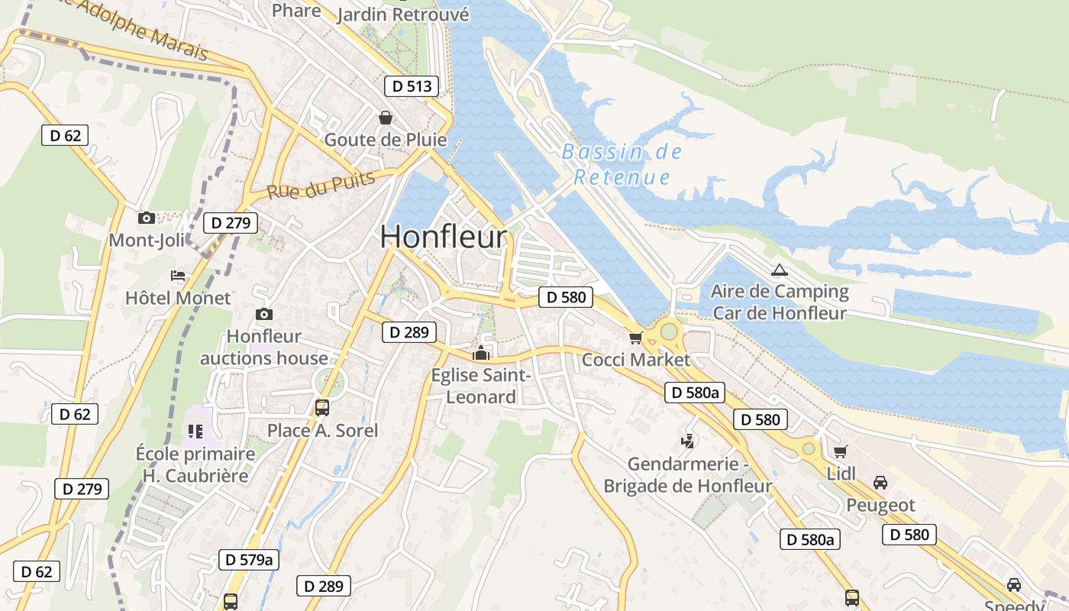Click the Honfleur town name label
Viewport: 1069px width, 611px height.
443,237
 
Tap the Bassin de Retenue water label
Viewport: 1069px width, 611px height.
622,164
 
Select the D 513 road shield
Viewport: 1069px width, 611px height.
412,86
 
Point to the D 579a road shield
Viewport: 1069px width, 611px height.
249,559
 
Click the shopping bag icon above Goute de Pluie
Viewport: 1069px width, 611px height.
386,118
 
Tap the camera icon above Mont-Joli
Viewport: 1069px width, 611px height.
147,218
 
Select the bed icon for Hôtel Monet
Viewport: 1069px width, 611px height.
178,276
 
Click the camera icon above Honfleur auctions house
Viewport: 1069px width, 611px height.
264,314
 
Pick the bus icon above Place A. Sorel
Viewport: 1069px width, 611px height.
322,407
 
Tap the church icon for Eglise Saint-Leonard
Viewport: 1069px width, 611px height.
481,353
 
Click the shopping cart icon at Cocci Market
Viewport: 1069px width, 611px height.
635,338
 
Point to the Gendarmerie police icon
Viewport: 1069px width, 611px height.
688,441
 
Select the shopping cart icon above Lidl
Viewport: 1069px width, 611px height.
841,451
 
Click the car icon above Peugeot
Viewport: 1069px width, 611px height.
880,483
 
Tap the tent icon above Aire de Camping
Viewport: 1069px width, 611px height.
779,269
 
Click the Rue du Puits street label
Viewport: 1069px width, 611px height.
321,185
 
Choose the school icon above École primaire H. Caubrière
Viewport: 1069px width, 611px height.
195,432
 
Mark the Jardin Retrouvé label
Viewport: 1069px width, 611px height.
402,14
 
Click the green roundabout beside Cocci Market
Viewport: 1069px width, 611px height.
669,331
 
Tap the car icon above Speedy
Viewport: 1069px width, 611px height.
1014,584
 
